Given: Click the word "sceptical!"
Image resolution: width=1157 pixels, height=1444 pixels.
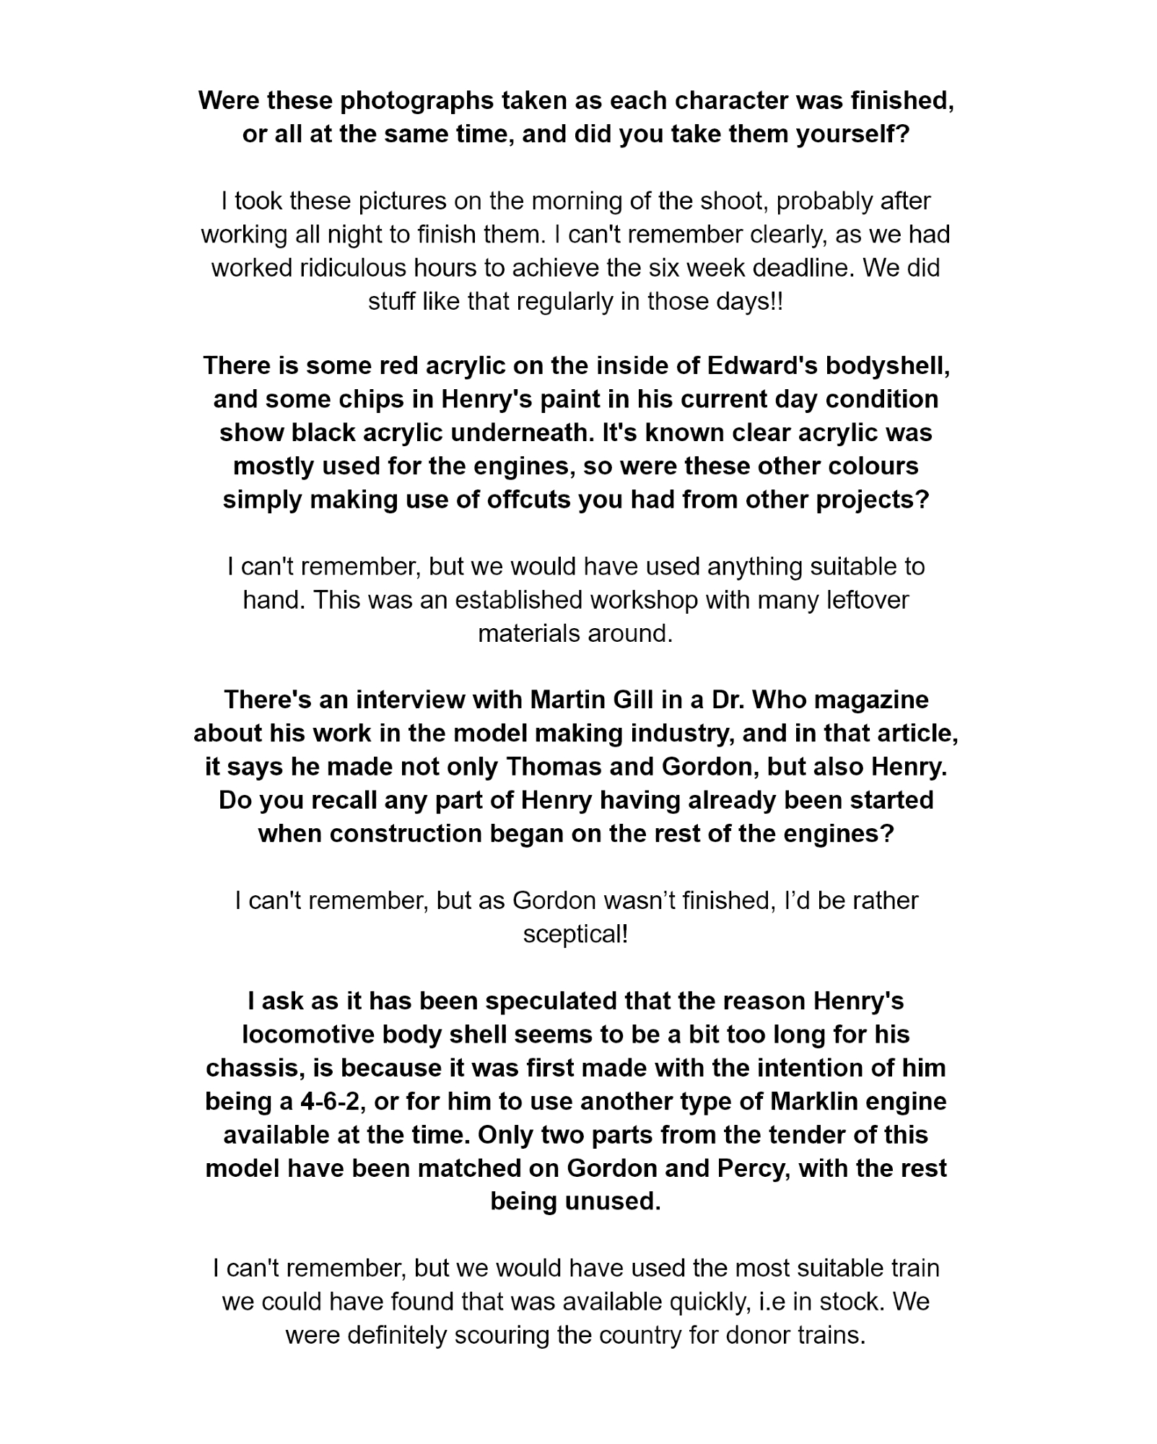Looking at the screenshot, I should [x=576, y=934].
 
